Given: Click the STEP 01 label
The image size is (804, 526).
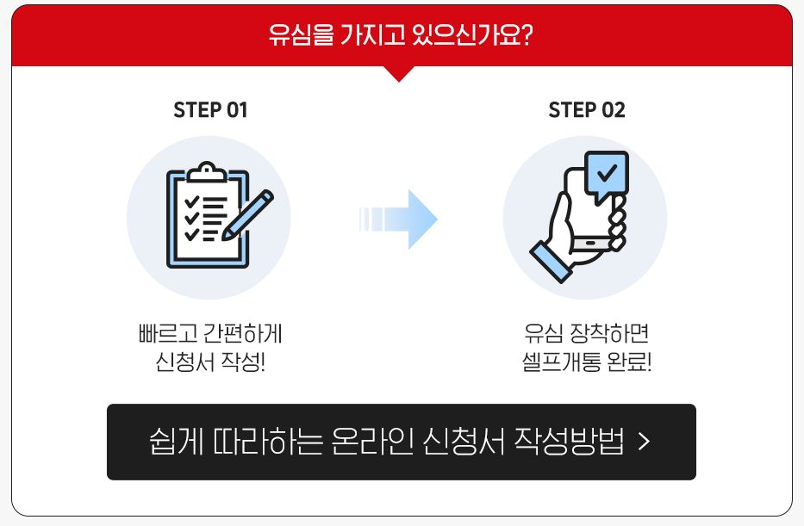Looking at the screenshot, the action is [x=210, y=110].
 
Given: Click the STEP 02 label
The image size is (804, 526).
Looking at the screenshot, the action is [x=586, y=110].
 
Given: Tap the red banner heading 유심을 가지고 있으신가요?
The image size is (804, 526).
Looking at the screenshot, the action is [x=402, y=37].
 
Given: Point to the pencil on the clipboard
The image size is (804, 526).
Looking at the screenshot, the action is [x=247, y=214].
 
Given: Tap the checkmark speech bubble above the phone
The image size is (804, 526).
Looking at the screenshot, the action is [x=607, y=173].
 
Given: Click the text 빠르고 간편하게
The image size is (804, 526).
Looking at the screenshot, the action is [x=209, y=333].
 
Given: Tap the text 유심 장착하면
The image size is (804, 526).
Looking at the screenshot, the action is [x=586, y=333].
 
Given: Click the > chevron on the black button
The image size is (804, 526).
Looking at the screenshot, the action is [x=644, y=442].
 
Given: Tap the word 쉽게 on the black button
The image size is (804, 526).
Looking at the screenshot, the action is [x=171, y=442].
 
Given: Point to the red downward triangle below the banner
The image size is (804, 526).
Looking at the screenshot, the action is [x=398, y=73].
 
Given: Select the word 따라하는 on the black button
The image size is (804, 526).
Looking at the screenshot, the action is [x=261, y=442].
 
